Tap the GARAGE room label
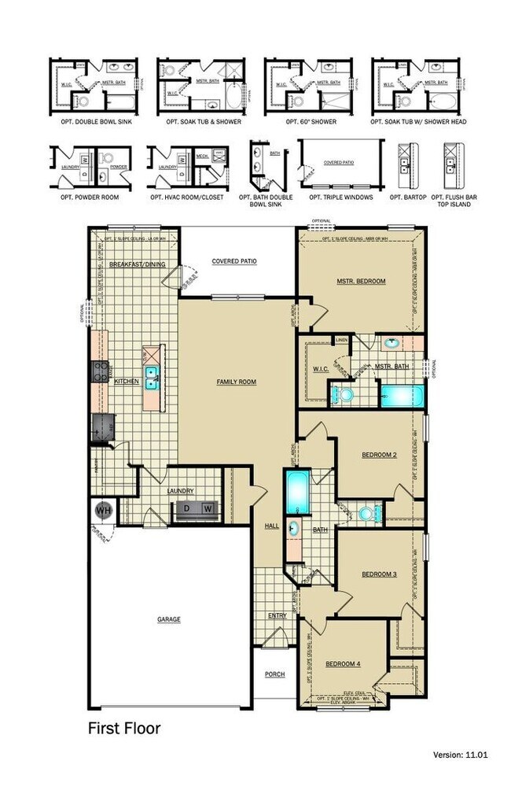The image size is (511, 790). coord(168,619)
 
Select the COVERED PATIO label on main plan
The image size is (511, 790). coord(234,261)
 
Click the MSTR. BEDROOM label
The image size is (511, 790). coord(361,280)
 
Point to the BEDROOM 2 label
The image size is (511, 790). coord(379,455)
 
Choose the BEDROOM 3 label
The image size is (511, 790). coord(379,574)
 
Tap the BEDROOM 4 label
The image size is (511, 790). coord(343,664)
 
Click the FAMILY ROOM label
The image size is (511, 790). coord(237,382)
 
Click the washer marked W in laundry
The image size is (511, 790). coord(208,509)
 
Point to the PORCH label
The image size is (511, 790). coord(274,674)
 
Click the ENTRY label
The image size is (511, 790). coord(277,615)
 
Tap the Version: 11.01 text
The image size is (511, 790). coord(461,755)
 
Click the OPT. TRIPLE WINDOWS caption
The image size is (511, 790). coord(340,197)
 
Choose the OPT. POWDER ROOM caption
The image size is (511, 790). coord(85,197)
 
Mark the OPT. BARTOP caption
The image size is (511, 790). coord(409,197)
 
